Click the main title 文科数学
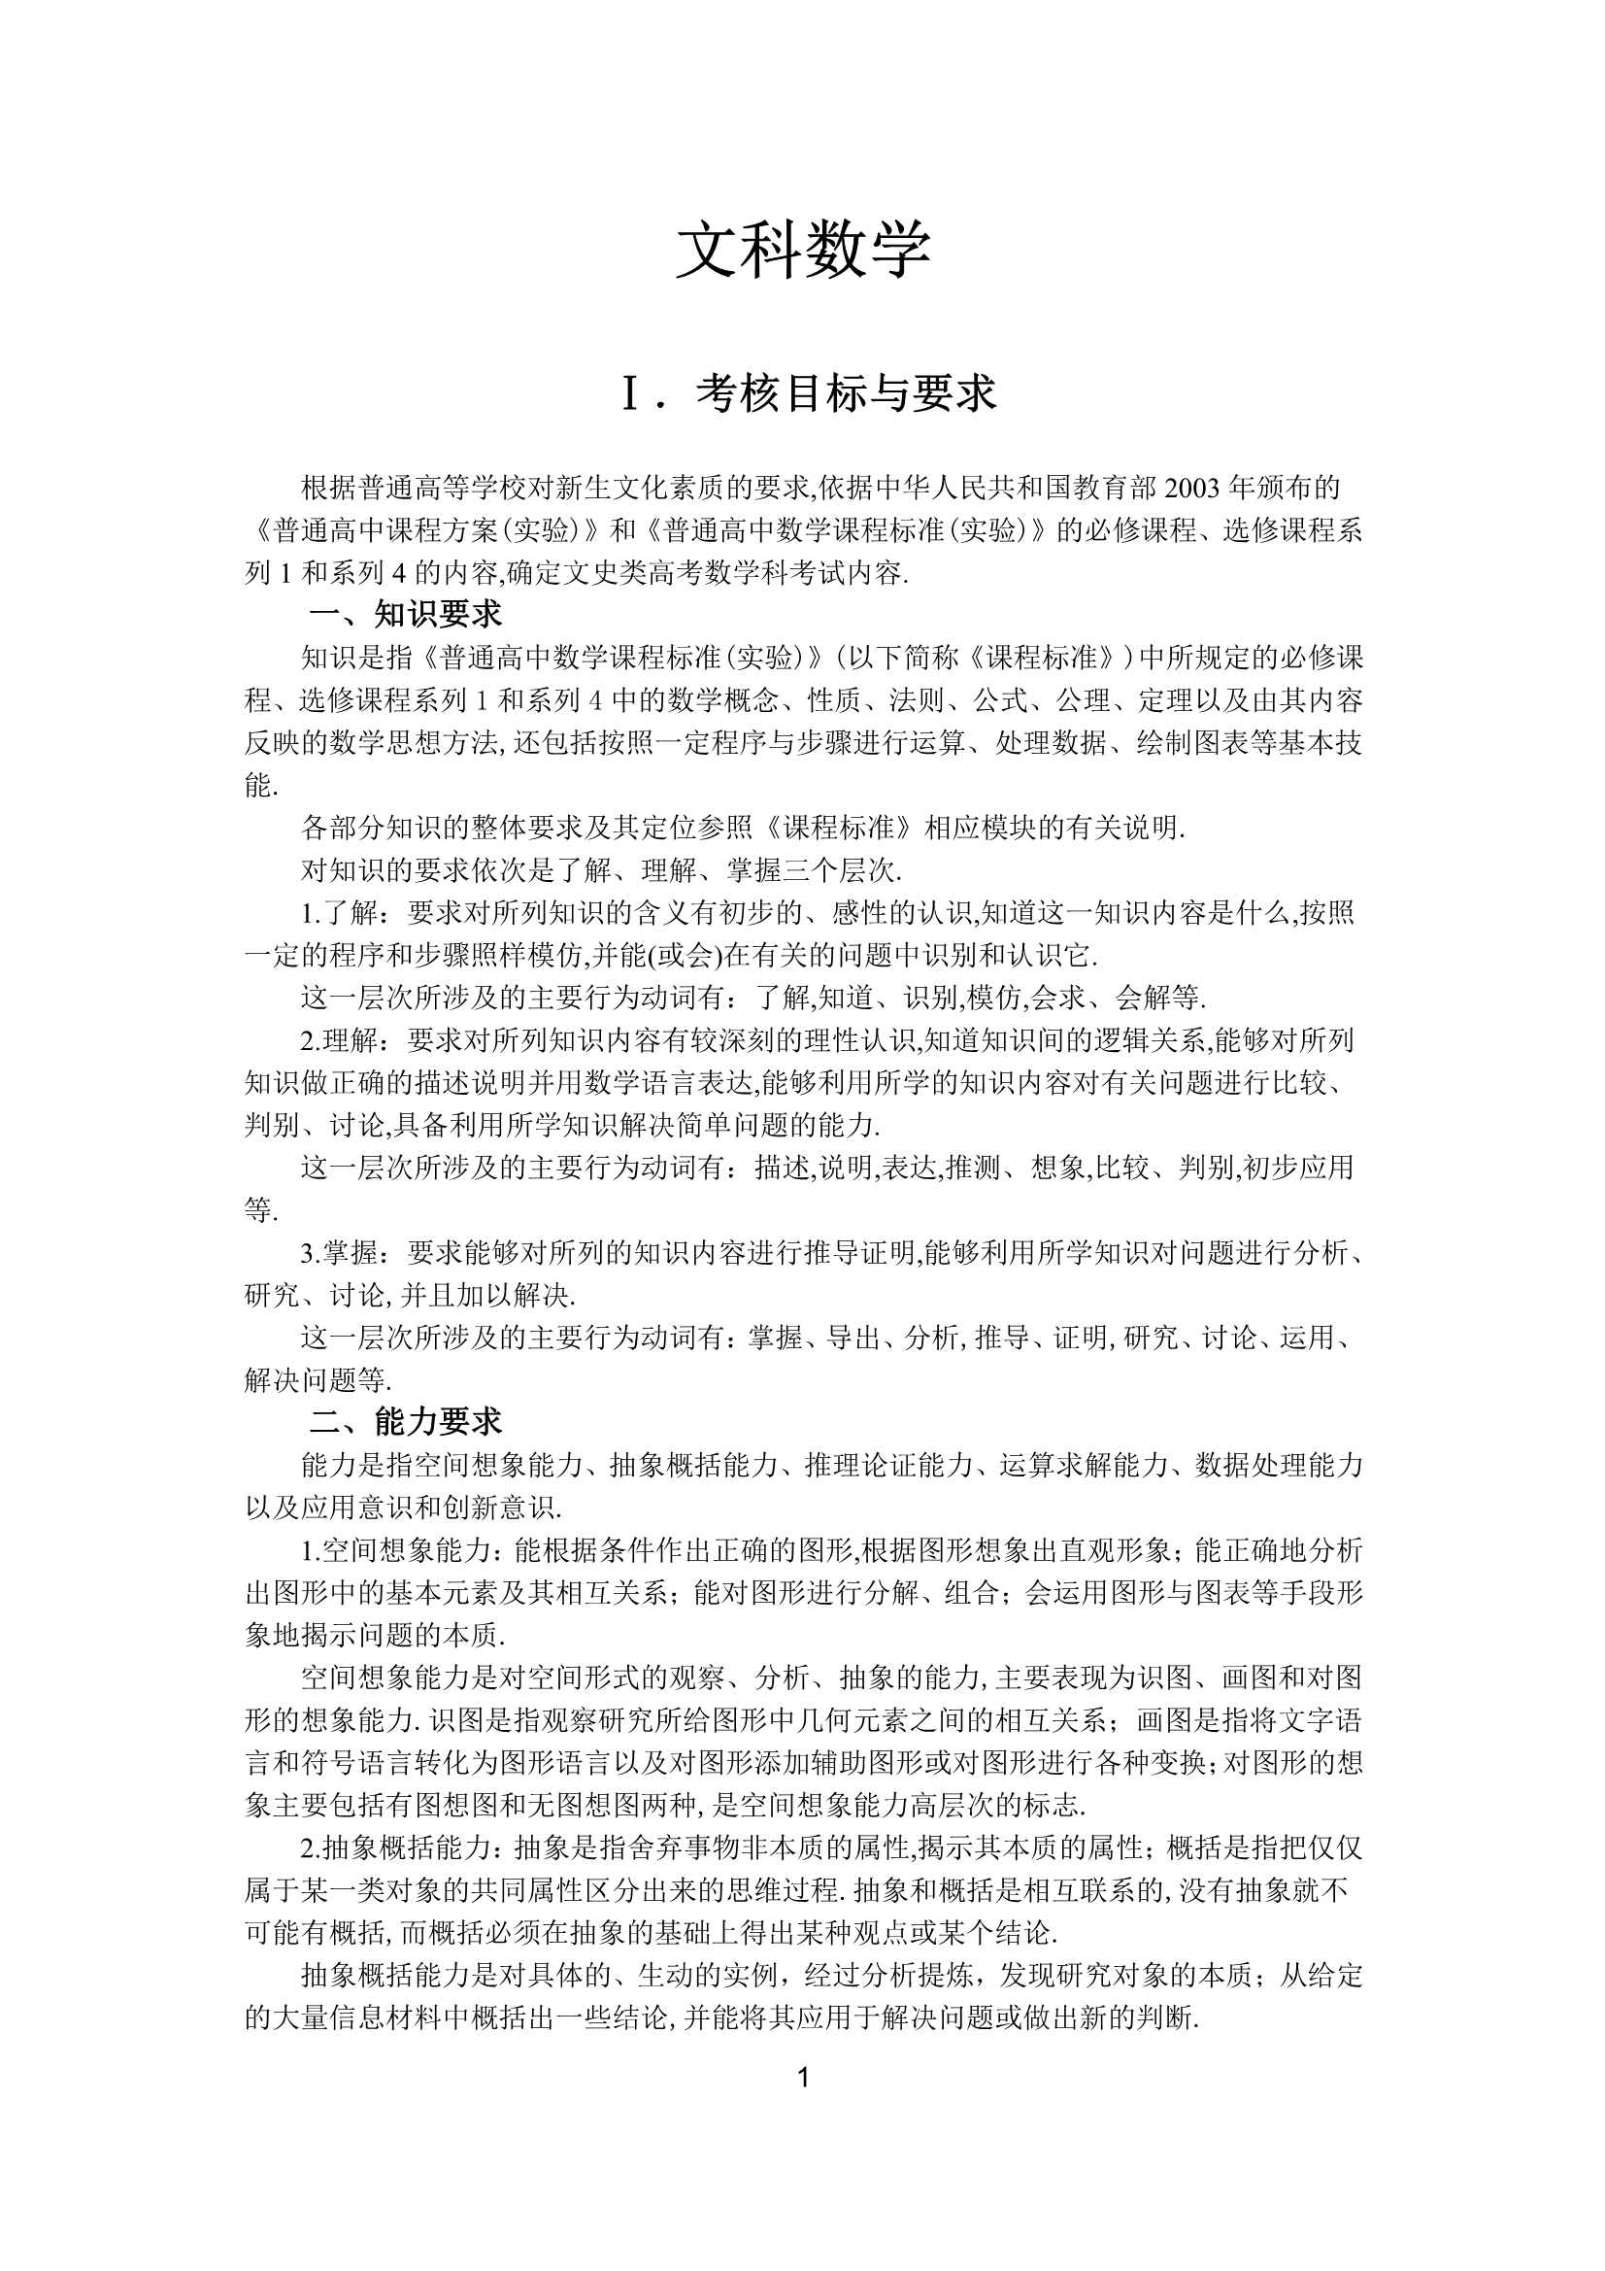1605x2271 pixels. point(802,251)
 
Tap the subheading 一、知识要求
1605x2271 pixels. point(406,615)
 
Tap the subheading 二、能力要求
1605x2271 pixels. point(406,1422)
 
